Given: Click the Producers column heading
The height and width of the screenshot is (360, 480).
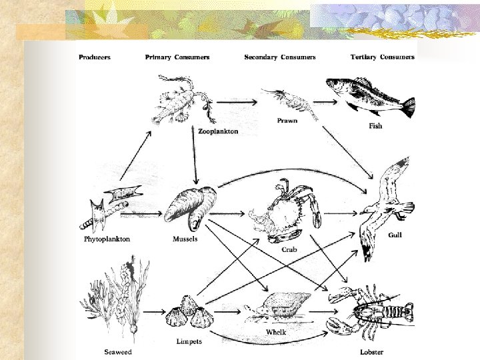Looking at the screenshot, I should coord(95,57).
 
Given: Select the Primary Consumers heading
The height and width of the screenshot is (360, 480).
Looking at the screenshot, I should coord(177,57).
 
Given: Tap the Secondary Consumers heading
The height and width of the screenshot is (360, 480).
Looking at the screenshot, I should coord(280,57).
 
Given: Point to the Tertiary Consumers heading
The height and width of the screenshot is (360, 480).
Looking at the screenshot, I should coord(383,57).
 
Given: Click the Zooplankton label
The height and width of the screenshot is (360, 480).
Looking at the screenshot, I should coord(218,132).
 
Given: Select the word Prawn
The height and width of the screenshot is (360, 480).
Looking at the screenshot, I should coord(287,121).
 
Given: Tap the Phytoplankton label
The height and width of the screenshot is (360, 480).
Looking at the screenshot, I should coord(107,239).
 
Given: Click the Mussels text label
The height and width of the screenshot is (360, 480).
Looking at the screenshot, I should coord(185,239).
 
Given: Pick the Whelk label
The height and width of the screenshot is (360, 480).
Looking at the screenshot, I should coord(276,332).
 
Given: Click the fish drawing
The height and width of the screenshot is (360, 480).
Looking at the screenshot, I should coord(368,97).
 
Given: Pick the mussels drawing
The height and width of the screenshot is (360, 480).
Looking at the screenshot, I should coord(193,207).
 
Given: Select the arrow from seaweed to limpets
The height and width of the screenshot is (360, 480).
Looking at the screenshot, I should coord(154,312).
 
